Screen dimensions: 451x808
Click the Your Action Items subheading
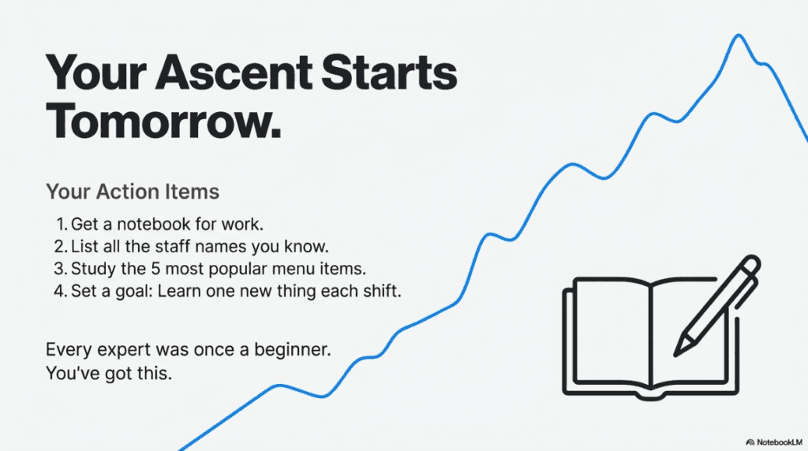tap(133, 191)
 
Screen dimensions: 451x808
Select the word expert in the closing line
tap(118, 348)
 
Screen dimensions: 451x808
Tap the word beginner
tap(293, 348)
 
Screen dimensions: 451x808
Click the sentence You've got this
tap(108, 372)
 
